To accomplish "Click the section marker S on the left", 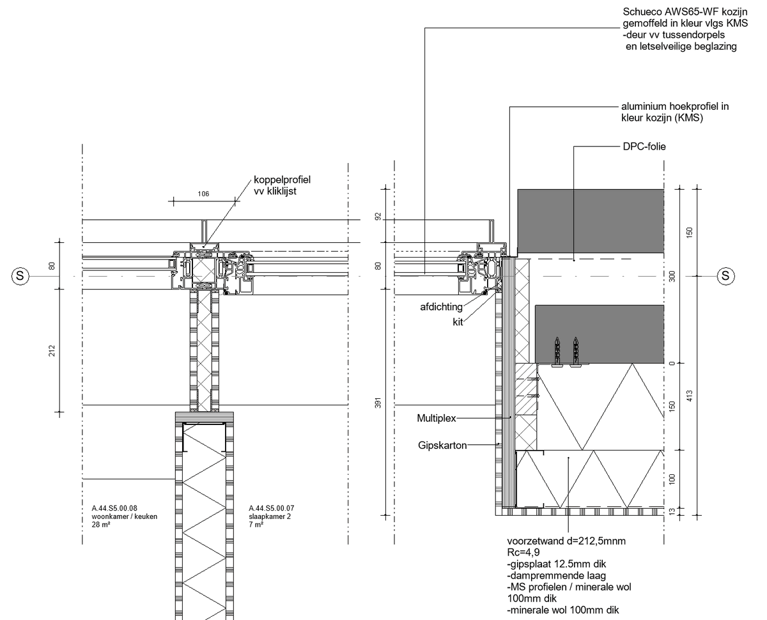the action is tap(20, 276).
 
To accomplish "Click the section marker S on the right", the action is tap(725, 276).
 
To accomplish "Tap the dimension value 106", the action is tap(203, 194).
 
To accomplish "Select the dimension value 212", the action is tap(52, 351).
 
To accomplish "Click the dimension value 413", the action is tap(690, 396).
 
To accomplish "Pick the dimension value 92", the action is tap(378, 217).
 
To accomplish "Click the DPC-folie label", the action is tap(644, 146).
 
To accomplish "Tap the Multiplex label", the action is tap(437, 418).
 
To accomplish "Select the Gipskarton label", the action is tap(442, 446).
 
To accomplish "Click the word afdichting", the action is tap(441, 307).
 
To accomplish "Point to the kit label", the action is tap(458, 322).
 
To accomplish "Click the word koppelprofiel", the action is tap(282, 180).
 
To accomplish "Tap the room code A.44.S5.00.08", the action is tap(114, 508).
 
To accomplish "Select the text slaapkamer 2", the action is tap(270, 516).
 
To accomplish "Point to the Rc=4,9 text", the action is tap(523, 552).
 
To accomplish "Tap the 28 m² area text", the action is tap(101, 524).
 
